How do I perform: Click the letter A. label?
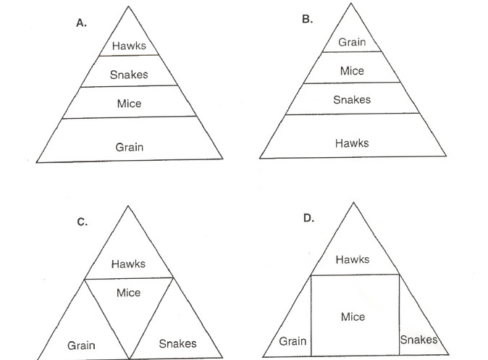82,22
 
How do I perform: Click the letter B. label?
307,19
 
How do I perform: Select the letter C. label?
82,222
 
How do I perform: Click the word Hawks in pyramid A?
129,46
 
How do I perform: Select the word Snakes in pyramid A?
129,74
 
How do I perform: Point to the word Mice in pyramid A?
129,103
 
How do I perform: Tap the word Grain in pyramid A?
130,146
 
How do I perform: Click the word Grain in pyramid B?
353,42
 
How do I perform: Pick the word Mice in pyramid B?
352,71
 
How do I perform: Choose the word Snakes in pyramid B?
352,99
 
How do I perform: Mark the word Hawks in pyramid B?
352,143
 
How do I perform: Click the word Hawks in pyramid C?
128,264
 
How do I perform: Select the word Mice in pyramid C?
129,292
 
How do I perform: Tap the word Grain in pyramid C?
81,345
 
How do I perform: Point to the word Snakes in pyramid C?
177,343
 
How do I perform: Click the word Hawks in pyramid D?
353,259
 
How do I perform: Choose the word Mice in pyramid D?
353,317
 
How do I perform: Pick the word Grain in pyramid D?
293,341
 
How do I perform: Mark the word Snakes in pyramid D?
418,340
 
